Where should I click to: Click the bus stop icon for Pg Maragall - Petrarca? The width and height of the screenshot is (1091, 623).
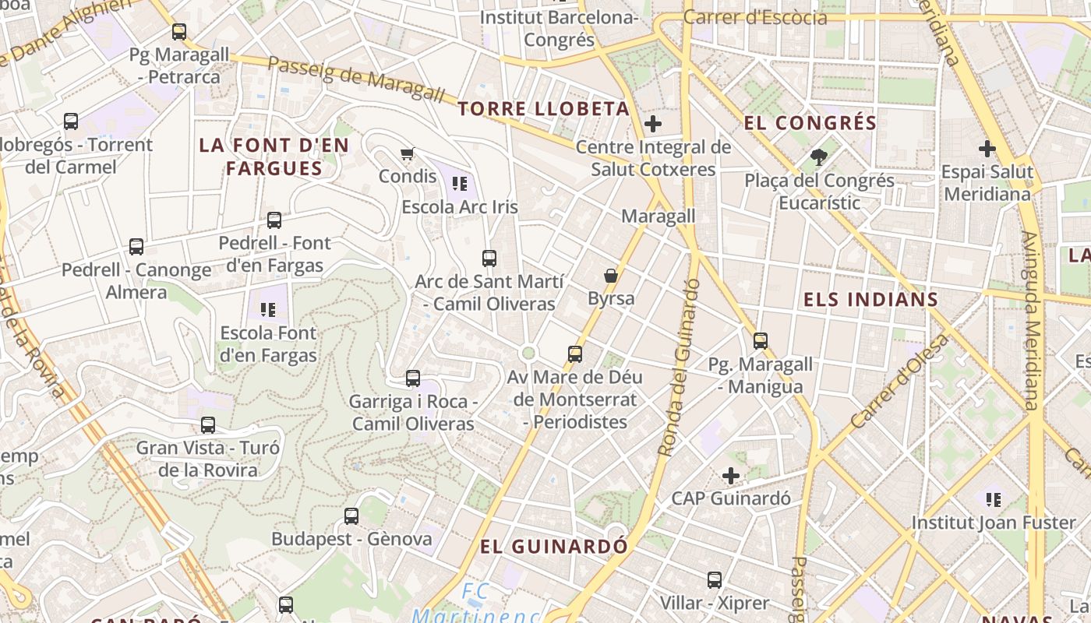click(x=179, y=32)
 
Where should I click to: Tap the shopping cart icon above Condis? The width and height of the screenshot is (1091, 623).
click(x=407, y=153)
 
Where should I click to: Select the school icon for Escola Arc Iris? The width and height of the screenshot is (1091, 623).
click(x=460, y=184)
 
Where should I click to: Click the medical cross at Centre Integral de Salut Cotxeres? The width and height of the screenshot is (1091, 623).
click(x=653, y=124)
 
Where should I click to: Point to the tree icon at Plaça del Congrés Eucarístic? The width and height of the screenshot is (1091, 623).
click(x=818, y=157)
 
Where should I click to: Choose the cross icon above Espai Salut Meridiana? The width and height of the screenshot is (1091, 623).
click(x=987, y=148)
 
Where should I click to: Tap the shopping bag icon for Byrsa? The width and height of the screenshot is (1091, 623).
click(x=611, y=276)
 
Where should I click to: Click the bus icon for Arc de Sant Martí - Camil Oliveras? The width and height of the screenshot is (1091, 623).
click(x=489, y=259)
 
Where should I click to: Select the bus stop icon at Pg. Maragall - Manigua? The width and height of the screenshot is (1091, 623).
click(x=761, y=341)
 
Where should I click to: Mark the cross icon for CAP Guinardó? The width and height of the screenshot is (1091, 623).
click(x=731, y=475)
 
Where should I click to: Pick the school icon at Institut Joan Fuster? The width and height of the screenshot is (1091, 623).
click(x=994, y=499)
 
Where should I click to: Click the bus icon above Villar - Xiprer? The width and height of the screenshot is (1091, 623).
click(x=715, y=580)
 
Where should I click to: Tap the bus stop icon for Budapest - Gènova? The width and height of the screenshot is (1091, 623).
click(x=351, y=516)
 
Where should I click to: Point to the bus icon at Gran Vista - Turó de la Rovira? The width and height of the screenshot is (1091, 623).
click(x=208, y=425)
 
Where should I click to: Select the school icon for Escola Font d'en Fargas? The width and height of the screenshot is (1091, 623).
click(x=268, y=310)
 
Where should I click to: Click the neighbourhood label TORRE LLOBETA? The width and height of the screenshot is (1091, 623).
click(x=543, y=108)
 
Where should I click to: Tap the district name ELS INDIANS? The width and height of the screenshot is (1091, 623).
click(x=870, y=300)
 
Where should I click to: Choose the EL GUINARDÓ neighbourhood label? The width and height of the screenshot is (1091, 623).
click(x=553, y=546)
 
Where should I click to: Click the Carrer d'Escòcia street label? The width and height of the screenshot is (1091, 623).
click(x=754, y=17)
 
